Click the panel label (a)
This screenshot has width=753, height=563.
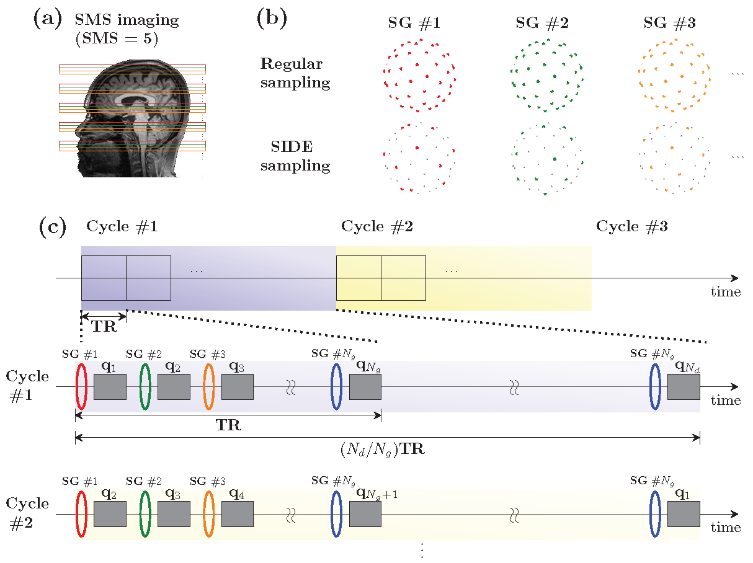click(x=48, y=19)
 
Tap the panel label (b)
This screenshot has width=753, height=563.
click(x=272, y=19)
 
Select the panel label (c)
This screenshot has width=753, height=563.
click(x=53, y=227)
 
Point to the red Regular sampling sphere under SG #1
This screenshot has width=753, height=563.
click(x=419, y=76)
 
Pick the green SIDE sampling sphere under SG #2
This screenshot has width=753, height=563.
click(x=546, y=159)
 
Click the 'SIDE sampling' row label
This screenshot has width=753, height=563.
click(x=295, y=157)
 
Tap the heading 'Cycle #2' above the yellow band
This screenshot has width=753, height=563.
click(x=377, y=227)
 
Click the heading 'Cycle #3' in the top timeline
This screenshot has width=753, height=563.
click(x=632, y=227)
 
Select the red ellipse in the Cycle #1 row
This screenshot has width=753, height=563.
click(x=81, y=387)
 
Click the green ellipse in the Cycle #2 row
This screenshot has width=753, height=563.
click(x=145, y=514)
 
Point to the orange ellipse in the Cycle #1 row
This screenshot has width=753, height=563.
click(x=208, y=387)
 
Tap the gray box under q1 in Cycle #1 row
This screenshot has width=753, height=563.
click(x=110, y=387)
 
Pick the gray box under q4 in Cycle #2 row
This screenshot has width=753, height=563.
click(x=238, y=514)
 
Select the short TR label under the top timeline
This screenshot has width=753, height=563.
click(x=104, y=326)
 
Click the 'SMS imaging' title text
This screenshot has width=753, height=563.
click(x=127, y=20)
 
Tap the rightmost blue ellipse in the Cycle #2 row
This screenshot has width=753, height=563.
click(x=654, y=514)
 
